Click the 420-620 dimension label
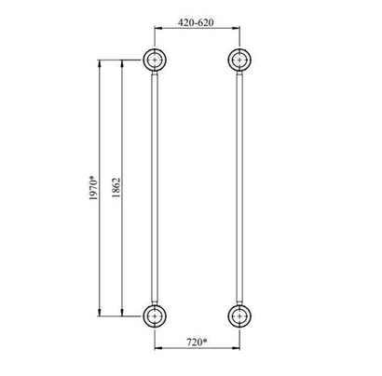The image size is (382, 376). [x=196, y=22]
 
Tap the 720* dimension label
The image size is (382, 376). [x=197, y=342]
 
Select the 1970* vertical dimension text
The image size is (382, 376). [x=93, y=188]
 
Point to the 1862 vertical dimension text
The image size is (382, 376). [x=116, y=188]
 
